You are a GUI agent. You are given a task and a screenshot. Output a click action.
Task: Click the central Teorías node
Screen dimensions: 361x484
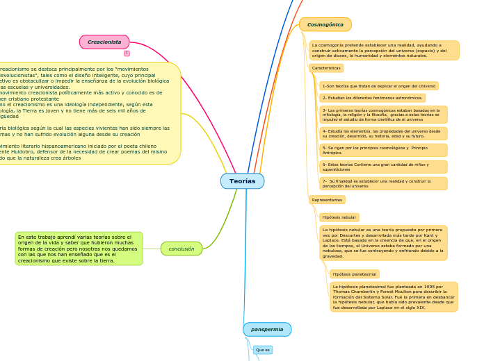tap(242, 181)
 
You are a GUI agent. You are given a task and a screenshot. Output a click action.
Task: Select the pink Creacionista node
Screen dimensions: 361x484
tap(104, 42)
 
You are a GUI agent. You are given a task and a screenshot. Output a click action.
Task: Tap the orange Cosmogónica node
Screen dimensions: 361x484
tap(325, 25)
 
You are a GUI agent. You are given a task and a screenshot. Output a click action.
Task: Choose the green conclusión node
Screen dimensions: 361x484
tap(181, 249)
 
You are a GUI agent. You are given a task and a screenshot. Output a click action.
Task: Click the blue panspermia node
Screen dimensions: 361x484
tap(267, 329)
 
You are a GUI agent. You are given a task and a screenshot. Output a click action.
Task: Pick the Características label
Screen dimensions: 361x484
tap(326, 68)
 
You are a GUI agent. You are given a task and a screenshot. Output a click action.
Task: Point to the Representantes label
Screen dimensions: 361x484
tap(327, 200)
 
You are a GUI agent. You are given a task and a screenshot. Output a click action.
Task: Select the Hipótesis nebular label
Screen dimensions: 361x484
tap(339, 217)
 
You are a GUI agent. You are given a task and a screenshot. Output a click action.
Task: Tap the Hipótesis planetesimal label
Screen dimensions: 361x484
tap(354, 274)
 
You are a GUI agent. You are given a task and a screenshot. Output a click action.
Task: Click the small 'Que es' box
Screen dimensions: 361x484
tap(263, 350)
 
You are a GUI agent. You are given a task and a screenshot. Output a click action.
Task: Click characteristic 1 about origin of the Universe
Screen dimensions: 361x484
tap(378, 86)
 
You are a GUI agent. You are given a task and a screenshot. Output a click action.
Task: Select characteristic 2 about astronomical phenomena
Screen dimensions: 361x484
tap(372, 98)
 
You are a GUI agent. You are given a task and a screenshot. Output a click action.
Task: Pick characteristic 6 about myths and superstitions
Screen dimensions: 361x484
tap(383, 167)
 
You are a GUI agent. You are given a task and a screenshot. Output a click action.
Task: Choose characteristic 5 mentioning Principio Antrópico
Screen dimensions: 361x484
tap(383, 150)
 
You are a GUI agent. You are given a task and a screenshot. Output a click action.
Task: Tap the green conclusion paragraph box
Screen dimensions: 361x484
tap(79, 249)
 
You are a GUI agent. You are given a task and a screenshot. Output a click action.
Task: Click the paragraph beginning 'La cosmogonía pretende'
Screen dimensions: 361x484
tap(384, 50)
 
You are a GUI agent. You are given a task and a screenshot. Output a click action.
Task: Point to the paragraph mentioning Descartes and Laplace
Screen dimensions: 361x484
tap(383, 242)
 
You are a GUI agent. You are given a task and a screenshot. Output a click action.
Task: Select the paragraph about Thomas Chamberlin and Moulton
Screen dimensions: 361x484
tap(394, 296)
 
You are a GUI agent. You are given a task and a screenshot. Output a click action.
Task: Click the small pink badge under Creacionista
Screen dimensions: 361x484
tap(127, 53)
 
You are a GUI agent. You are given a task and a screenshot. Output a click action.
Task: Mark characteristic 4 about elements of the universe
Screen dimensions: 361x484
tap(383, 133)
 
